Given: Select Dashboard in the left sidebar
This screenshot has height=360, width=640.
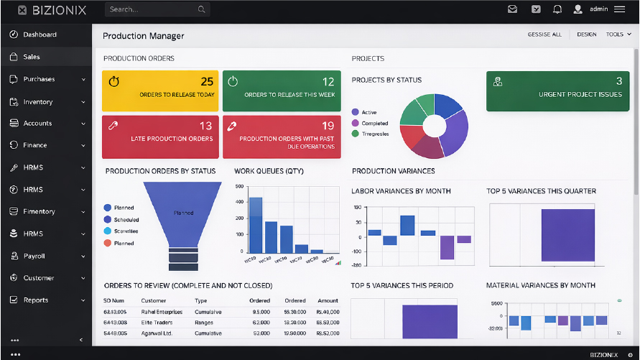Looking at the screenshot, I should coord(40,34).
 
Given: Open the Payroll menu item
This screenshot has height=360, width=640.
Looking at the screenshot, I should coord(34,256).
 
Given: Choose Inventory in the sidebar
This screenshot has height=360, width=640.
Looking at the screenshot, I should coord(37,102).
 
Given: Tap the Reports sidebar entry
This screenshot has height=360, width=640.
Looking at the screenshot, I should coord(36,300).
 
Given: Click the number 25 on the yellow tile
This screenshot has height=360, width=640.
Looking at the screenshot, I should coord(207,81).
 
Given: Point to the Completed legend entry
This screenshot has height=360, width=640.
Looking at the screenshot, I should coord(374,124).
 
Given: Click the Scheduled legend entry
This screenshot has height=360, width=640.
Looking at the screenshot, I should coord(126,220).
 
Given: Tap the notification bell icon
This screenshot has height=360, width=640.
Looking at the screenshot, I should coord(557,9).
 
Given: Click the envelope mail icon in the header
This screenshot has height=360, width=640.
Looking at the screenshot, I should coord(512,9).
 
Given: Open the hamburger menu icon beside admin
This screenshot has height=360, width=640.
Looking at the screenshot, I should coord(620,9).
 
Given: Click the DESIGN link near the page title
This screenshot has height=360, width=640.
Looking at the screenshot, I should coord(586,34).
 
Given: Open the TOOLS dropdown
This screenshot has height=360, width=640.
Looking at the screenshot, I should coord(618,34).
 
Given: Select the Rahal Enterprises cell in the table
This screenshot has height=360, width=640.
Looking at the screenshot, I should coord(162,313).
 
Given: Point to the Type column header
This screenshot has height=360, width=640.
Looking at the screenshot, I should coord(201,301).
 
